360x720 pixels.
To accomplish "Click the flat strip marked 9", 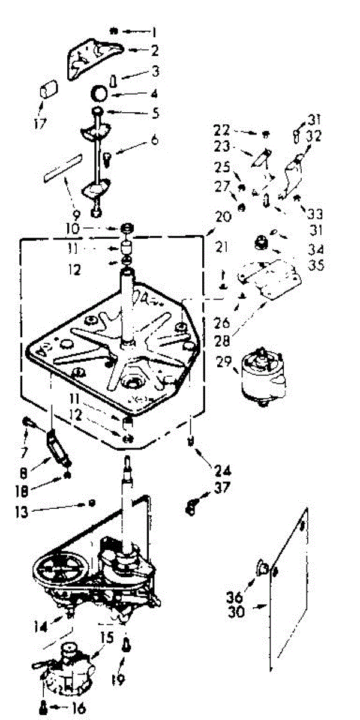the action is click(x=62, y=166).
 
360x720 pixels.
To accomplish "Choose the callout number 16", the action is click(x=76, y=709).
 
